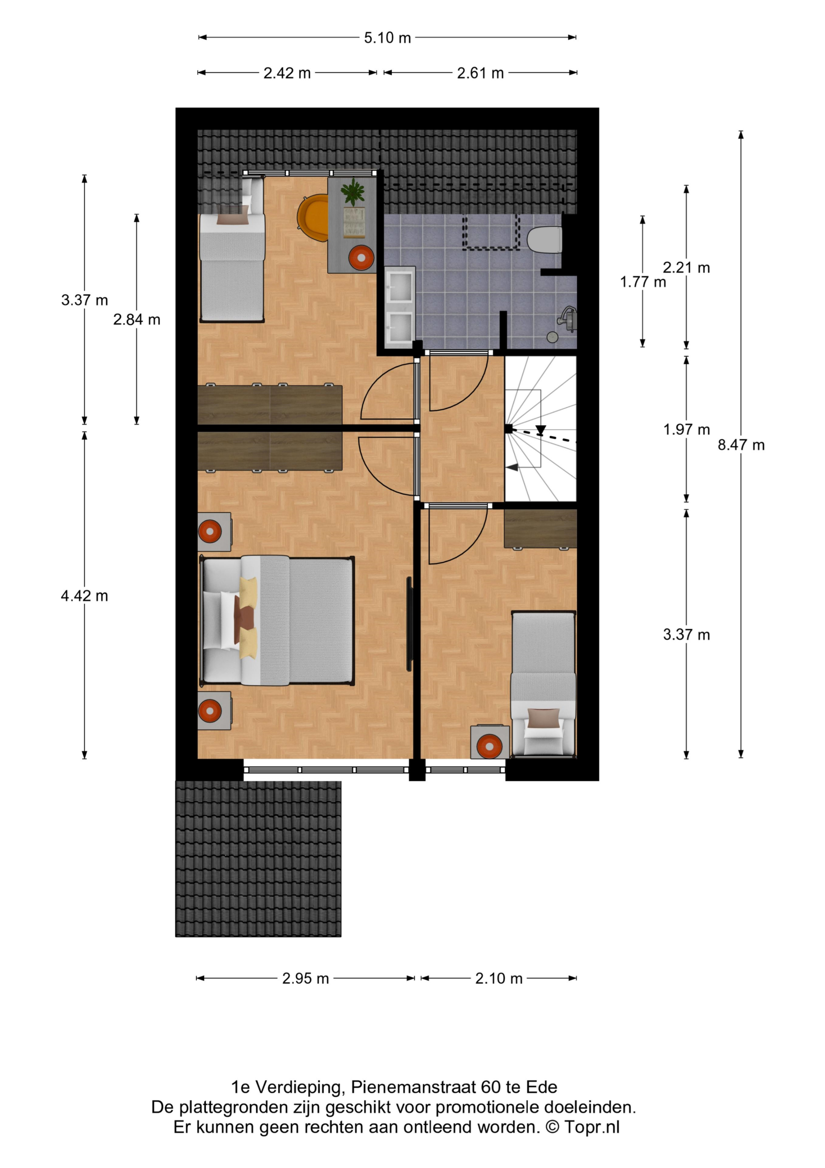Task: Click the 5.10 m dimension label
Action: pos(387,38)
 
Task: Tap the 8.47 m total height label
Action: pos(741,445)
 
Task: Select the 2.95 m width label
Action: pos(305,978)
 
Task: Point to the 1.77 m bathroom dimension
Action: pos(643,282)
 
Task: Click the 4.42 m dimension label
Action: pos(84,596)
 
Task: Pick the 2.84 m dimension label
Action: pos(137,319)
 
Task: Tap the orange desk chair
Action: pos(313,217)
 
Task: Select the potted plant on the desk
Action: pos(353,192)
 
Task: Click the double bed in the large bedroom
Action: pos(277,620)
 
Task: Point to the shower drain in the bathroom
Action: pos(552,337)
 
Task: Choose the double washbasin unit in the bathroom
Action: pos(400,307)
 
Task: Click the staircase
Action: pos(540,428)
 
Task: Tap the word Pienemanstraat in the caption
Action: pos(413,1087)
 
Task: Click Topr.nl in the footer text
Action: pos(592,1127)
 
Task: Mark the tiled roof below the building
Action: pos(258,859)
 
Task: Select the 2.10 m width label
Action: pos(499,978)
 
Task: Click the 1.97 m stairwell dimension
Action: pos(686,429)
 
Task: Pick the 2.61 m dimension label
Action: pos(480,73)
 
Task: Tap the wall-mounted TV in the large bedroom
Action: pos(409,624)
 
